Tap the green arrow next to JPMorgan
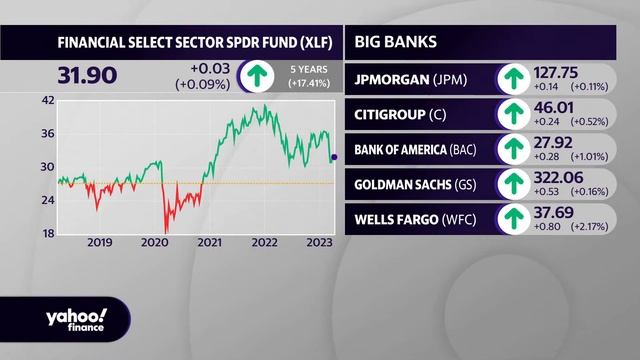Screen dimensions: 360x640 (513, 79)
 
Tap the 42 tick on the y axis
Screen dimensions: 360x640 (47, 100)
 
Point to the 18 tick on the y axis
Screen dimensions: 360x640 (47, 233)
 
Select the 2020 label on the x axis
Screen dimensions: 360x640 (154, 243)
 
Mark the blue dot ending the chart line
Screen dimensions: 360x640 (334, 157)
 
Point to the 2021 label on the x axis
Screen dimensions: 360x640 (209, 243)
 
